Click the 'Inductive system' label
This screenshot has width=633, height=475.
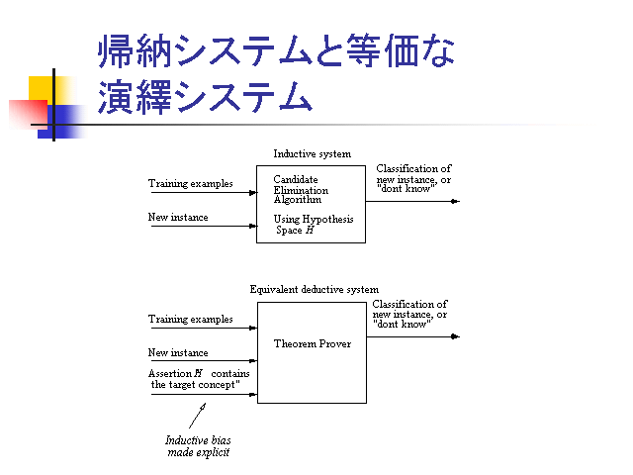point(312,153)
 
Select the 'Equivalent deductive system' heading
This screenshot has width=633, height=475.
point(314,289)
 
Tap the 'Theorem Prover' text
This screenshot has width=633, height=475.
point(313,344)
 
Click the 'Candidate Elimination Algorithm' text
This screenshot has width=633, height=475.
point(301,190)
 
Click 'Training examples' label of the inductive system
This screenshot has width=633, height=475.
point(191,183)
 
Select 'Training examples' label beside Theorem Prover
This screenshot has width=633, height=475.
point(191,320)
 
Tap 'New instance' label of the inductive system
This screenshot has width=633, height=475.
point(178,217)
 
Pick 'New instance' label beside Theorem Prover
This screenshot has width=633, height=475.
point(178,352)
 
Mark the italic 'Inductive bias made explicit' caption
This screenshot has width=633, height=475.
point(198,445)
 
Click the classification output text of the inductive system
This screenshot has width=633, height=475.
point(413,177)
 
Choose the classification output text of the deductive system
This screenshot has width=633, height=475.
point(409,314)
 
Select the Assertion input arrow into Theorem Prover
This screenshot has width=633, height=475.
point(203,394)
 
